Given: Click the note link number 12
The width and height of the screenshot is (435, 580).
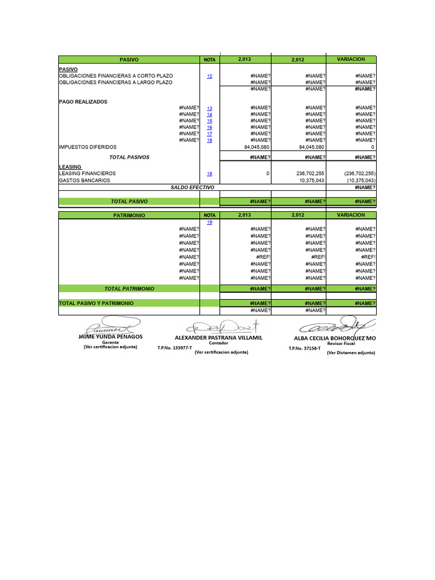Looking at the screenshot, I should pyautogui.click(x=210, y=76).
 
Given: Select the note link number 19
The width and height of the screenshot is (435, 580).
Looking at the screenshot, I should pyautogui.click(x=210, y=223).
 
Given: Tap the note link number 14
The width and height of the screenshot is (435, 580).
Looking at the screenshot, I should pyautogui.click(x=210, y=114).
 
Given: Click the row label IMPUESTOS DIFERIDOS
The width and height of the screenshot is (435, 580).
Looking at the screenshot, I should pyautogui.click(x=88, y=147).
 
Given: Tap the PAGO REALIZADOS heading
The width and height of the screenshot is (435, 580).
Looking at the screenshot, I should pyautogui.click(x=83, y=102).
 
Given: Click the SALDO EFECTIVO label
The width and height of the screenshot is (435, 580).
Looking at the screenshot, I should pyautogui.click(x=193, y=187).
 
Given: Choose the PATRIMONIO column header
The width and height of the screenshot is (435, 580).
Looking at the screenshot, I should pyautogui.click(x=129, y=216).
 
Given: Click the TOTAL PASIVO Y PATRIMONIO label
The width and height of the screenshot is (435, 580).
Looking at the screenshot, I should pyautogui.click(x=96, y=304).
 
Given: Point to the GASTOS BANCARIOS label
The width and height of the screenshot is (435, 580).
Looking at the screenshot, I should pyautogui.click(x=84, y=180).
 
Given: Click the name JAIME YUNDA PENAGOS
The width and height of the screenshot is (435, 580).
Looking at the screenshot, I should pyautogui.click(x=110, y=336).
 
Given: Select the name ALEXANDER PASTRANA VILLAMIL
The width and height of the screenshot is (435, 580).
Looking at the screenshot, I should pyautogui.click(x=219, y=337).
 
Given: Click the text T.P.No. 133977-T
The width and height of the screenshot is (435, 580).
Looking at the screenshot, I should pyautogui.click(x=175, y=348).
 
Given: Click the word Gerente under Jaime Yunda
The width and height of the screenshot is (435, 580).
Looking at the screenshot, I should pyautogui.click(x=110, y=343).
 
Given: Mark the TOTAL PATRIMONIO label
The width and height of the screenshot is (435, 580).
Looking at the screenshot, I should pyautogui.click(x=129, y=289).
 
